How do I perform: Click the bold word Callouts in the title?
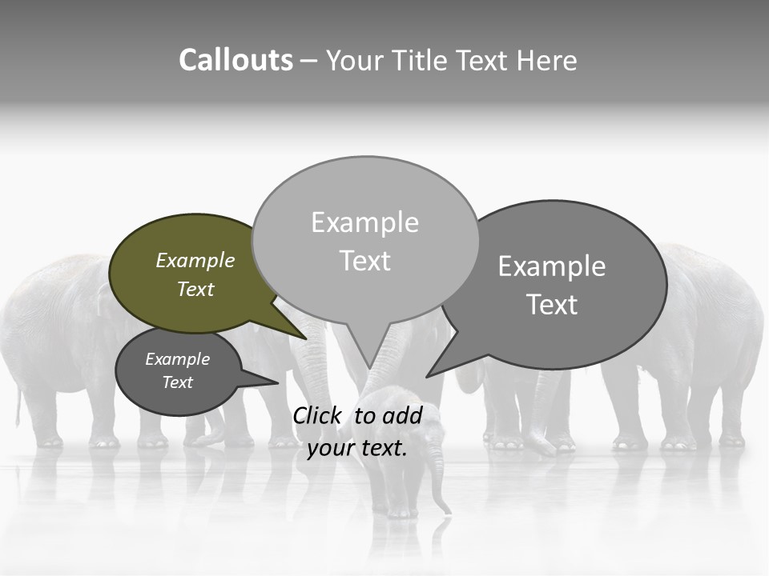(x=236, y=60)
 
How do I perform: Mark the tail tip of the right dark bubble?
(x=428, y=375)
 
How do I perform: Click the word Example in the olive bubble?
(x=195, y=261)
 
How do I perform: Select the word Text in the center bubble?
(x=365, y=261)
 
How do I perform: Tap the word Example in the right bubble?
(x=552, y=266)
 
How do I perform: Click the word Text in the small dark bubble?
(x=178, y=382)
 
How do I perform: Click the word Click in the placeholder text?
(x=317, y=415)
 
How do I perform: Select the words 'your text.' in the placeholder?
(x=357, y=448)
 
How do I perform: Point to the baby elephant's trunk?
(x=437, y=480)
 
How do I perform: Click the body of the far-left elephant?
(x=48, y=336)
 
